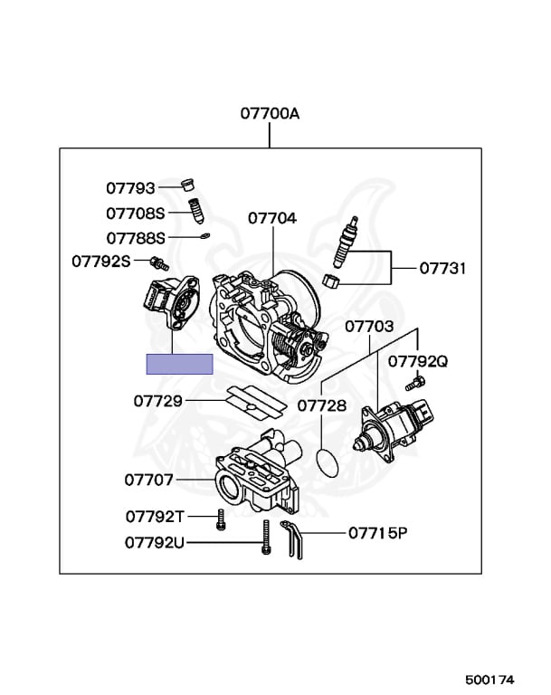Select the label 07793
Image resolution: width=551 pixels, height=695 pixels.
(x=131, y=188)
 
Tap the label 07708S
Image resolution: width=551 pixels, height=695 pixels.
(x=136, y=214)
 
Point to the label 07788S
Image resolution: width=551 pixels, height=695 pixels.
(x=136, y=238)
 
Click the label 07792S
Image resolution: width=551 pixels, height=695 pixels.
(x=101, y=262)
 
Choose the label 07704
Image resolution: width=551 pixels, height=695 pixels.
(x=272, y=218)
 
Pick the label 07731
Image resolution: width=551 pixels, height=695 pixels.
(x=442, y=268)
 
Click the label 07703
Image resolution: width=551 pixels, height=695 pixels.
(x=369, y=325)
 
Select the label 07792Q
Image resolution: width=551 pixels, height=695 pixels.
(x=418, y=361)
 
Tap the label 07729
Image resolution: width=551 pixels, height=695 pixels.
(x=158, y=400)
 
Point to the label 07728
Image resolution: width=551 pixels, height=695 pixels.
(x=322, y=406)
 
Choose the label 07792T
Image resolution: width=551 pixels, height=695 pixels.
(x=155, y=517)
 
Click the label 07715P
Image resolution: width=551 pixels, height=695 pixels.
(x=378, y=533)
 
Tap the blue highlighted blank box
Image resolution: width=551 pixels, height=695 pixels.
(x=180, y=364)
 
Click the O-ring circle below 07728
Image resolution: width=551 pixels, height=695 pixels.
(x=332, y=461)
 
